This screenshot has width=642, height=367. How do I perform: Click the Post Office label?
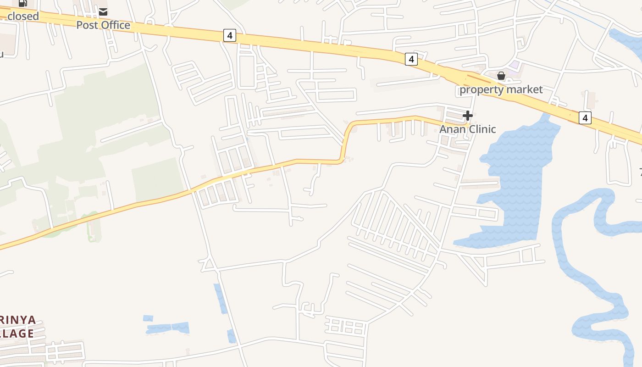pos(103,25)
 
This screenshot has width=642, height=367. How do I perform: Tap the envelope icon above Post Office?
pos(103,11)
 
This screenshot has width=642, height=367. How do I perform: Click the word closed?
pos(23,16)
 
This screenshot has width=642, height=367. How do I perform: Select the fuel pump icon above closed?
pos(23,3)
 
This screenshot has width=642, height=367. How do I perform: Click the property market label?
pos(501,89)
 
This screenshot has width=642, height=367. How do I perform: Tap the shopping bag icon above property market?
pos(501,75)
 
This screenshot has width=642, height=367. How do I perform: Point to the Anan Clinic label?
pos(468,129)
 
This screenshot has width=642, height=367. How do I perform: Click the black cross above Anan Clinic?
pos(468,116)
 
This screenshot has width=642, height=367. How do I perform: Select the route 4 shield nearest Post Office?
pos(230,35)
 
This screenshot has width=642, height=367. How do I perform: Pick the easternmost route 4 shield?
pos(585,118)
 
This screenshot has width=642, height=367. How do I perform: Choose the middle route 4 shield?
pos(411,59)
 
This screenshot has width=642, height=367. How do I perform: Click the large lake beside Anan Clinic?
pos(518,179)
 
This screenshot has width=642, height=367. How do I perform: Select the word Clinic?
pos(481,129)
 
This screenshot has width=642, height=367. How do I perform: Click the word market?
pos(525,89)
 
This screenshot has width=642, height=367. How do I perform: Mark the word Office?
pos(116,25)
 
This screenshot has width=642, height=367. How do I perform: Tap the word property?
pos(482,89)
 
